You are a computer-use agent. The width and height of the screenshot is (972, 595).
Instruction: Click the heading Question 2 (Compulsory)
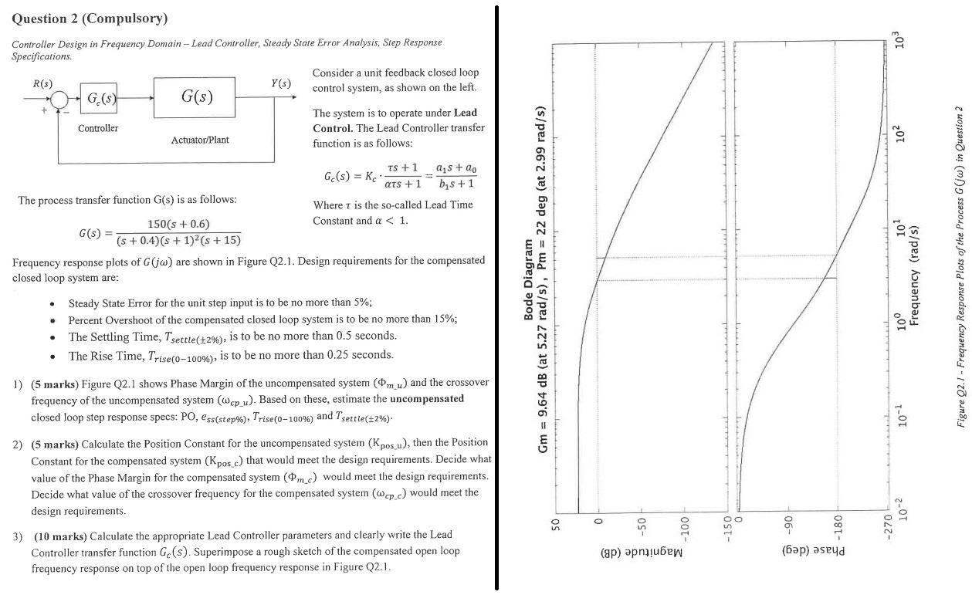(90, 18)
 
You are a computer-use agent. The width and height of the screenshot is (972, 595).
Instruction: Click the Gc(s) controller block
(99, 99)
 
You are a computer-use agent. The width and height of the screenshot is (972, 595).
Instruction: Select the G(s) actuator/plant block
(194, 96)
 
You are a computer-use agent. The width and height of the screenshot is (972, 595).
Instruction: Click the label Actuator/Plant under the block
(200, 140)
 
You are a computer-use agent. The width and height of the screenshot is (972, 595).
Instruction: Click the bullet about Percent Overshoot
(262, 319)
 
